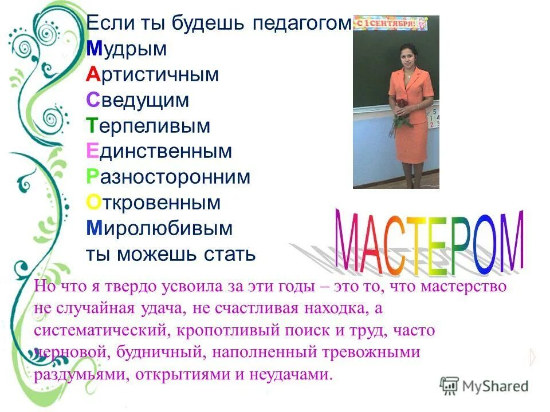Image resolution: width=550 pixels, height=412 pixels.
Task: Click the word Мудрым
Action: point(127,50)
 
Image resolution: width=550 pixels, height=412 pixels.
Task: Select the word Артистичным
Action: point(153,74)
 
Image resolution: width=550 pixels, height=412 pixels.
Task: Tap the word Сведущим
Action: point(137,100)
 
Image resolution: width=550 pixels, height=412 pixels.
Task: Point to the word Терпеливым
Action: point(148,126)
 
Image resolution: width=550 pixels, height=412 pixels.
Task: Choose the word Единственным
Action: point(159,152)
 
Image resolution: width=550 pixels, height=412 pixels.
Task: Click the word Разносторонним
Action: point(168,177)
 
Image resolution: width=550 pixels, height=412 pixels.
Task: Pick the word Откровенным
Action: point(154,203)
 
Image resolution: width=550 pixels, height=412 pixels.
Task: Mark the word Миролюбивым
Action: point(160,229)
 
